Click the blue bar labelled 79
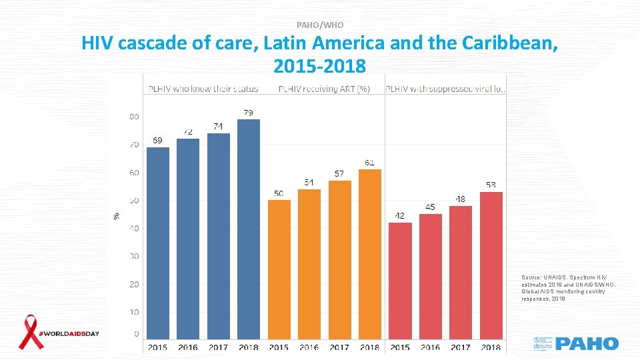(x=249, y=229)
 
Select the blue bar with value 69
(x=158, y=243)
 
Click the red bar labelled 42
(x=400, y=280)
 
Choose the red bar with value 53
(x=491, y=265)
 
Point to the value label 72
(x=189, y=132)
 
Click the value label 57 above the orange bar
(x=339, y=174)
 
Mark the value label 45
(x=430, y=207)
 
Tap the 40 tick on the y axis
(x=133, y=228)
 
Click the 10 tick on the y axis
(x=133, y=312)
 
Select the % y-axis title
(x=117, y=216)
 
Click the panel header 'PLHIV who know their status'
(x=203, y=89)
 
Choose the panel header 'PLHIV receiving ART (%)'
(x=324, y=89)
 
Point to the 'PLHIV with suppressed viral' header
(x=445, y=89)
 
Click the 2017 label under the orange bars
(x=339, y=347)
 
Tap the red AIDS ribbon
(x=30, y=332)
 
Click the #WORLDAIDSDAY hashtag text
(x=69, y=333)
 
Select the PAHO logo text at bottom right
(x=587, y=344)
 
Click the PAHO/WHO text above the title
(x=320, y=25)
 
